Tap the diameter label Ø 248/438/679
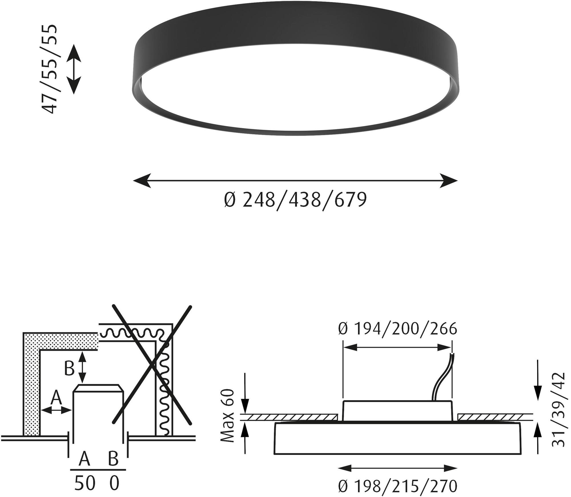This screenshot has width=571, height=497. [295, 200]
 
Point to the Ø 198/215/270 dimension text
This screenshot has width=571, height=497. [397, 486]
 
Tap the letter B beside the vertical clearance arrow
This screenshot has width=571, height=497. [69, 369]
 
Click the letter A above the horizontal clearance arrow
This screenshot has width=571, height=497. [56, 398]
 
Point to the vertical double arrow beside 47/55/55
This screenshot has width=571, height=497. [74, 69]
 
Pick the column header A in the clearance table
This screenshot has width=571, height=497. [84, 459]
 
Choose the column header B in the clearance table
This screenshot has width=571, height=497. [113, 459]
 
